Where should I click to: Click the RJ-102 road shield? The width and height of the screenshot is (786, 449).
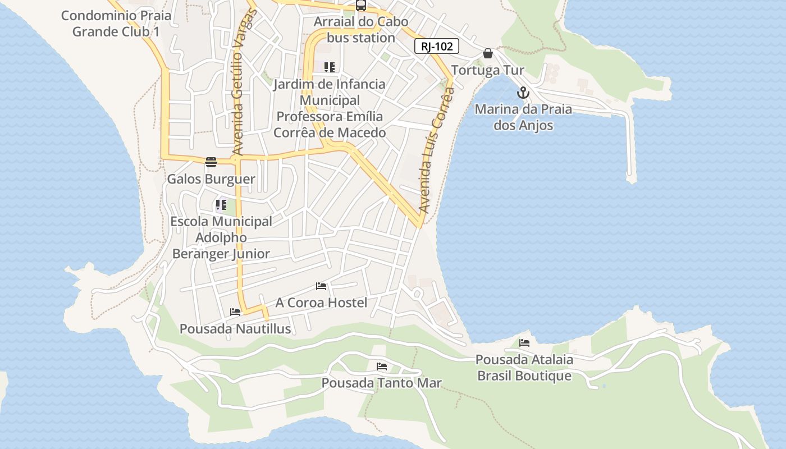[437, 47]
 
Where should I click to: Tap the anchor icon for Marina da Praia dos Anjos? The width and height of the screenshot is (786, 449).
[523, 93]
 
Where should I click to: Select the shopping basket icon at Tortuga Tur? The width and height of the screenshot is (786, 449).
[488, 53]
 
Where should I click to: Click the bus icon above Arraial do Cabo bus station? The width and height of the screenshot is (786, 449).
[361, 6]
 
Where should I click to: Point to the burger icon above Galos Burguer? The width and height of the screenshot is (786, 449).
[211, 162]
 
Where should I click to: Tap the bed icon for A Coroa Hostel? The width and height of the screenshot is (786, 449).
[321, 286]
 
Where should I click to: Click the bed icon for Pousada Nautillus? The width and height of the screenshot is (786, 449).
[235, 312]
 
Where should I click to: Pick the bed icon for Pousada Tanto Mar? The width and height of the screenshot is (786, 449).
[382, 366]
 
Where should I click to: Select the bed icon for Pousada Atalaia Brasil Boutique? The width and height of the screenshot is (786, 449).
[524, 342]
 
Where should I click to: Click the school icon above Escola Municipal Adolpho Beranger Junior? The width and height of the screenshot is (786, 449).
[221, 205]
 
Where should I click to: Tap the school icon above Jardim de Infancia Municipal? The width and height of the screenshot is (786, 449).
[330, 68]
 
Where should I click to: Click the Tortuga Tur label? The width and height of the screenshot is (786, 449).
[487, 70]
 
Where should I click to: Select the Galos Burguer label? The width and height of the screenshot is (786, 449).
[211, 179]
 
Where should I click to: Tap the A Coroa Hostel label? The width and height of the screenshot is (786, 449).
[321, 303]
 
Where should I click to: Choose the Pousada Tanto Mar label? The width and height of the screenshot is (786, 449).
[381, 383]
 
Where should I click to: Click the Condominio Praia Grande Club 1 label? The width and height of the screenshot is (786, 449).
[116, 24]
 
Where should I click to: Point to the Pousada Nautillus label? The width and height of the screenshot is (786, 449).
[235, 329]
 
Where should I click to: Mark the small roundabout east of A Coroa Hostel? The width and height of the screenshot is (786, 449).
[417, 294]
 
